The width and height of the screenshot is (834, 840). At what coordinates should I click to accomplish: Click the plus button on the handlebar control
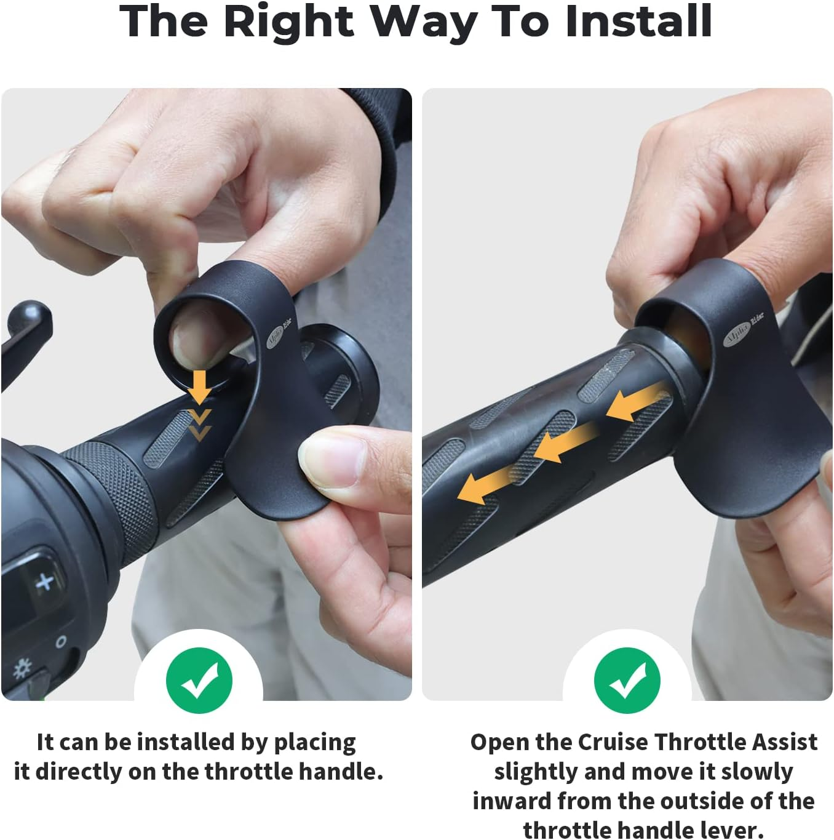pos(44,582)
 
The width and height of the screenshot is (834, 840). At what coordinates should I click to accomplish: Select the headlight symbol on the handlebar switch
pos(23,668)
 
